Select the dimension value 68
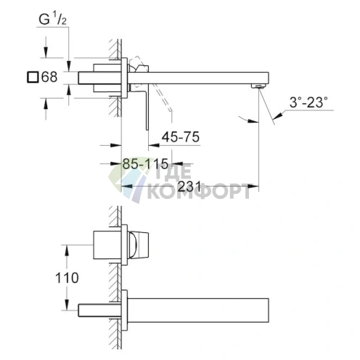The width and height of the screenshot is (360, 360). pyautogui.click(x=49, y=76)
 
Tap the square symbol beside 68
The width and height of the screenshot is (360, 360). pyautogui.click(x=30, y=76)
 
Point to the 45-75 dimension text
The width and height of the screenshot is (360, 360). pyautogui.click(x=181, y=136)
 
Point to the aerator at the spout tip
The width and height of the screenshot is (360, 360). pyautogui.click(x=255, y=86)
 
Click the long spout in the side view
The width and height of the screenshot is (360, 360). pyautogui.click(x=203, y=76)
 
